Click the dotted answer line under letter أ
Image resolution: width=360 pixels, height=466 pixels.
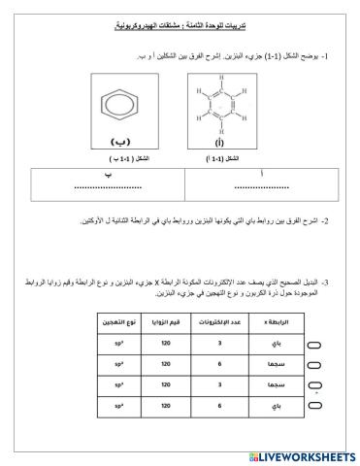pyautogui.click(x=257, y=186)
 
